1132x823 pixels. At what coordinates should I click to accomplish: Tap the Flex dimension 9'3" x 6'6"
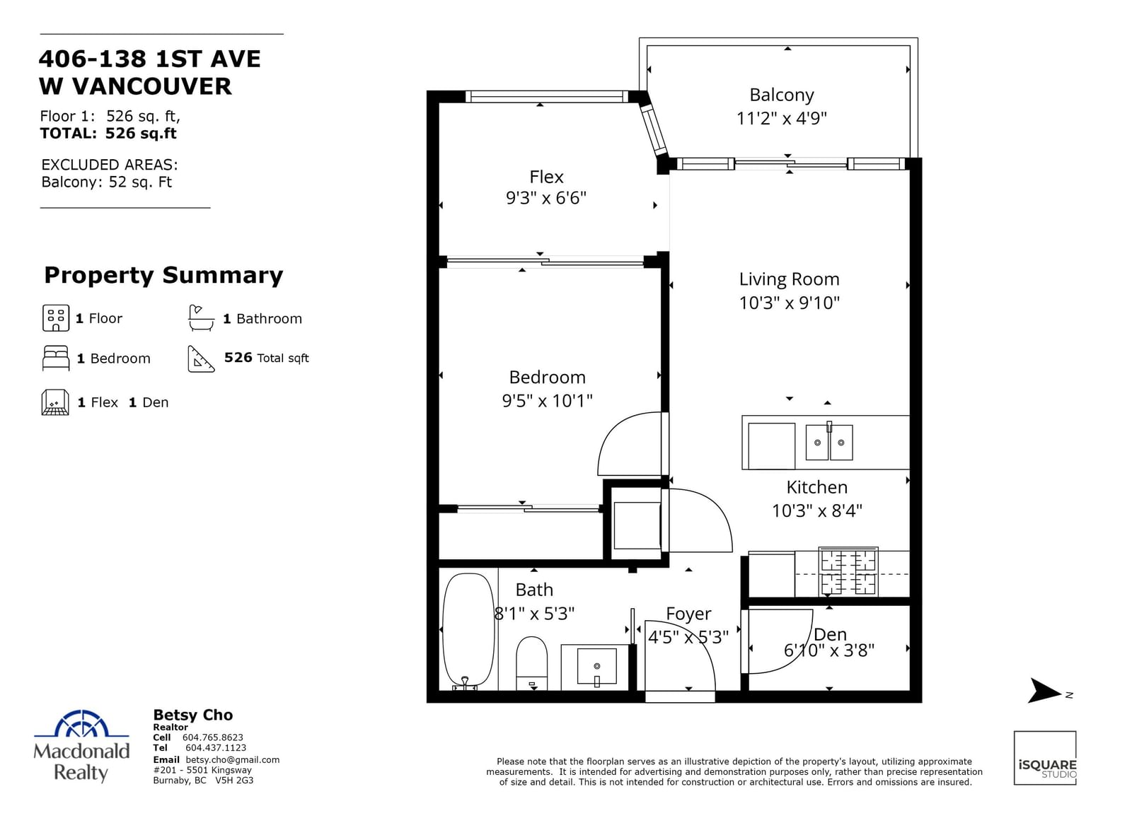pos(545,198)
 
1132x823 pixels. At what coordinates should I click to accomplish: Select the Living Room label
pos(789,279)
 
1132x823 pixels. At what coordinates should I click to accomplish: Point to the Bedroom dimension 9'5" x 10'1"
pos(547,401)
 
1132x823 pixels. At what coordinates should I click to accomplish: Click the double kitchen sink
pos(828,443)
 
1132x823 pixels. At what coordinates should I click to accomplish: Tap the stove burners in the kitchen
pos(848,572)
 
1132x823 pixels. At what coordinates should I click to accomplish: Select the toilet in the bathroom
pos(531,663)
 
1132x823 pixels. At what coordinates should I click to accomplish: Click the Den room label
pos(830,634)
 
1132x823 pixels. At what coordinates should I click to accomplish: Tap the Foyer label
pos(688,614)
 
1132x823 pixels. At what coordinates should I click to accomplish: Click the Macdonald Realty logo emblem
pos(81,723)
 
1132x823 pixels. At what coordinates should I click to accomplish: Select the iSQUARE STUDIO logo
pos(1044,757)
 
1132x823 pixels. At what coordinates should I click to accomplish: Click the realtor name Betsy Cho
pos(193,715)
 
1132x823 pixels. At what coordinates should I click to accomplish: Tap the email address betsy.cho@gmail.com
pos(233,760)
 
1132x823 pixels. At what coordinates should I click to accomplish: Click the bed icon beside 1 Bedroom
pos(56,358)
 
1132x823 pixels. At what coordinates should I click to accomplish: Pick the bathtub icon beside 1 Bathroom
pos(201,318)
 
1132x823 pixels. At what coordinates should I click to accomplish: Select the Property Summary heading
pos(163,276)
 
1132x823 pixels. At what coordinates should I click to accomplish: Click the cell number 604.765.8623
pos(213,737)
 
